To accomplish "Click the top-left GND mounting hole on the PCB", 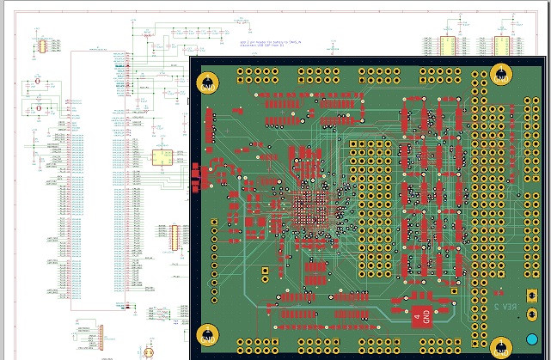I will point(208,82).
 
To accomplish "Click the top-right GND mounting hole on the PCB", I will point(505,76).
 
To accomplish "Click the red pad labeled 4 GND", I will point(419,316).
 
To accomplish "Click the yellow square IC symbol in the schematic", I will point(161,157).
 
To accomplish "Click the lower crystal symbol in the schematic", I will point(37,108).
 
